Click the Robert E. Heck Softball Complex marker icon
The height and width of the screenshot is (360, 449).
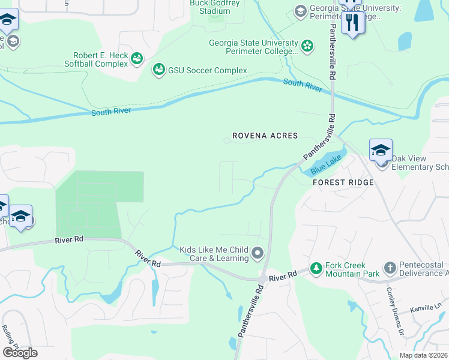(x=136, y=58)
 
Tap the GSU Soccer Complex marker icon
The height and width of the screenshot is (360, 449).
(x=159, y=70)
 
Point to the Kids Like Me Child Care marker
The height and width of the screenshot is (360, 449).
(x=258, y=253)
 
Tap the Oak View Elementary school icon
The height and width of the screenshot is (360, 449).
(x=381, y=151)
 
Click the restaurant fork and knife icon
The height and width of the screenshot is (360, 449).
(x=352, y=23)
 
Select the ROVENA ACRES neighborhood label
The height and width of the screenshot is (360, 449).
(x=265, y=136)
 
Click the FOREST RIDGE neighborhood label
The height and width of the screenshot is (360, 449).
(x=343, y=182)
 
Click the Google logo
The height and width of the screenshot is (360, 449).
(x=20, y=353)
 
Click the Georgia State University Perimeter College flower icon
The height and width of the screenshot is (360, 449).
(x=307, y=46)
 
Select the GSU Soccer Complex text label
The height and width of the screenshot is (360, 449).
(x=207, y=70)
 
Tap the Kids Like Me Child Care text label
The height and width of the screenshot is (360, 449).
(x=214, y=254)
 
